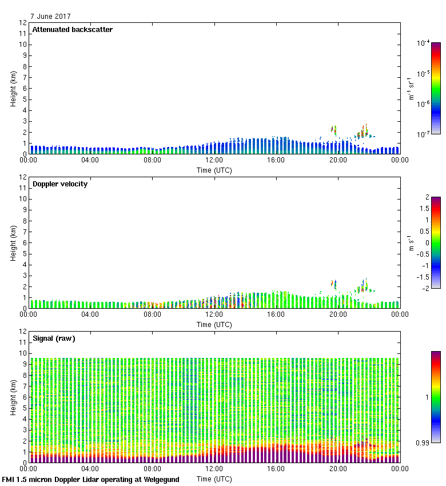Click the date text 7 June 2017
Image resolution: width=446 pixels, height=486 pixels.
[x=51, y=17]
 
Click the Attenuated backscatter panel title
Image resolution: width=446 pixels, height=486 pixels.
[x=72, y=30]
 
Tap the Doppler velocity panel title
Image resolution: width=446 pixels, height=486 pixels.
[x=60, y=184]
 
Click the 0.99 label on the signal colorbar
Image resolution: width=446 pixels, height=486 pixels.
[x=423, y=442]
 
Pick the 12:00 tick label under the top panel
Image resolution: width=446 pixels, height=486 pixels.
[x=214, y=160]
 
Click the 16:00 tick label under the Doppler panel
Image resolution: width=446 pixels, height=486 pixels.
[x=276, y=314]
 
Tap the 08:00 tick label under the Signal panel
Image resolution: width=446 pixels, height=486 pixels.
[x=152, y=469]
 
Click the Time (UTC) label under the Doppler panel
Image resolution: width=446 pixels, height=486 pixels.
[x=214, y=324]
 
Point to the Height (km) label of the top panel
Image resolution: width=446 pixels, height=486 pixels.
[x=13, y=88]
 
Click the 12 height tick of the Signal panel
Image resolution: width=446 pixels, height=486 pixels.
[x=23, y=332]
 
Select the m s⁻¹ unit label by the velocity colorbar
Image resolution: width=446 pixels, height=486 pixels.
[x=411, y=242]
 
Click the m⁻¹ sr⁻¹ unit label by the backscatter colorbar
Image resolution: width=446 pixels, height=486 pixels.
[x=411, y=88]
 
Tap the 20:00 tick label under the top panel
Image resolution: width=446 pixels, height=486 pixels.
[x=337, y=160]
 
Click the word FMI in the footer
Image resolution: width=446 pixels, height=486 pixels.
[x=9, y=480]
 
